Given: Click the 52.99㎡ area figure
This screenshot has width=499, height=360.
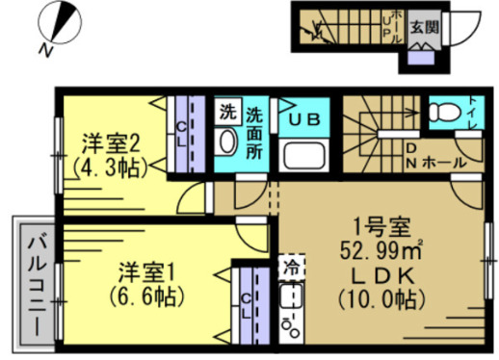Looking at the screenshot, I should pos(380,253).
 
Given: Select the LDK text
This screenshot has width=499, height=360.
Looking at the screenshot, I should pos(380,275).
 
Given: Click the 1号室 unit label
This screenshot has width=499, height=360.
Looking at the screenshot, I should pos(381,230).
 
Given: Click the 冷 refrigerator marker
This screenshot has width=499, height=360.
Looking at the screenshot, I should pos(290,263).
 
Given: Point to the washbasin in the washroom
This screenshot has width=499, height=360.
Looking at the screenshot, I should pos(227,142).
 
